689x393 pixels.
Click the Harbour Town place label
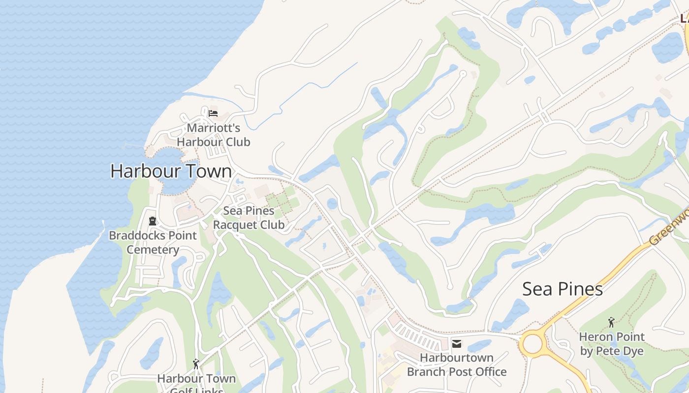click(171, 171)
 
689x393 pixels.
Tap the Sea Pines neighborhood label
click(563, 289)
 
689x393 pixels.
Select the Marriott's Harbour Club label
click(214, 135)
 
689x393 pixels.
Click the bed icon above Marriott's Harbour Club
click(213, 113)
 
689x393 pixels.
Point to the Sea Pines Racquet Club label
click(249, 218)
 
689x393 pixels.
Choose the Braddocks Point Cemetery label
click(153, 242)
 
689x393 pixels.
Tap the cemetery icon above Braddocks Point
click(153, 221)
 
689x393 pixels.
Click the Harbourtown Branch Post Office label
click(457, 365)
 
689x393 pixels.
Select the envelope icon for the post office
click(457, 343)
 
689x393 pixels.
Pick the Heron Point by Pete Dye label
click(612, 344)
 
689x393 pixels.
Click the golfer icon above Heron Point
click(611, 322)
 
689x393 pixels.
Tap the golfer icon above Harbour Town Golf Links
click(196, 364)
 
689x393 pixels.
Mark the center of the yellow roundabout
click(532, 343)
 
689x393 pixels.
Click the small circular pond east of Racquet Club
click(332, 203)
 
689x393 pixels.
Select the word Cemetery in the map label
click(153, 250)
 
